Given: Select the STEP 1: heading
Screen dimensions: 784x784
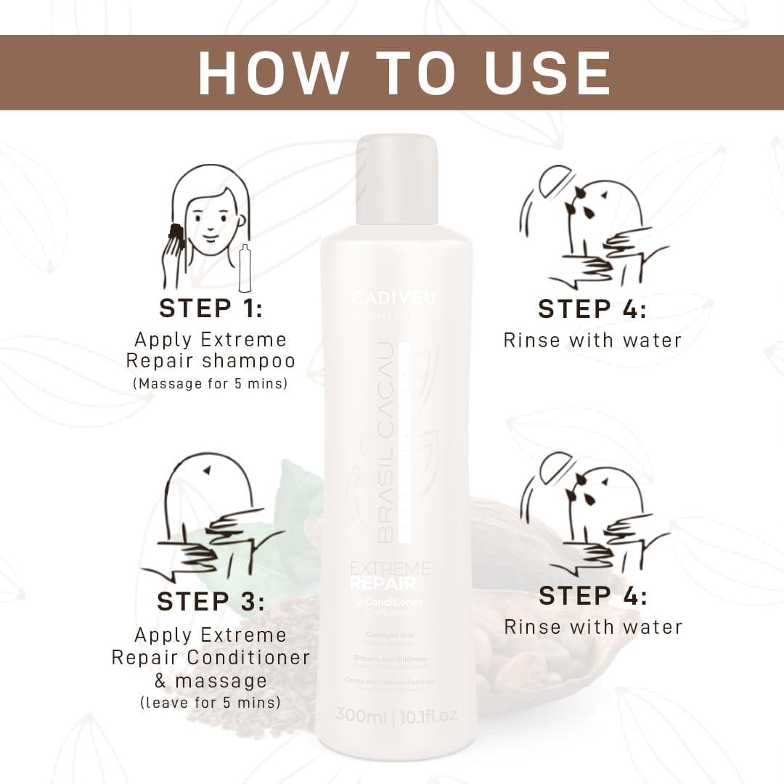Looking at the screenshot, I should pyautogui.click(x=211, y=308).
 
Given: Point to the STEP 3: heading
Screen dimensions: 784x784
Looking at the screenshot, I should pyautogui.click(x=211, y=602).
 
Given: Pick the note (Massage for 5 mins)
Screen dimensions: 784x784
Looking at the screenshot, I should pyautogui.click(x=211, y=383).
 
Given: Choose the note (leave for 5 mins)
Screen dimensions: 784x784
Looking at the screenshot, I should pyautogui.click(x=211, y=703).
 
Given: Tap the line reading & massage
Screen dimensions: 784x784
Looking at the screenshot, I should pyautogui.click(x=211, y=681).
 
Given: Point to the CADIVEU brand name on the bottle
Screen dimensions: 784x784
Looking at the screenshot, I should pyautogui.click(x=394, y=298).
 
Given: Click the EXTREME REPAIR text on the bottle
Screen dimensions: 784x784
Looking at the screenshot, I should pyautogui.click(x=390, y=576).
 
